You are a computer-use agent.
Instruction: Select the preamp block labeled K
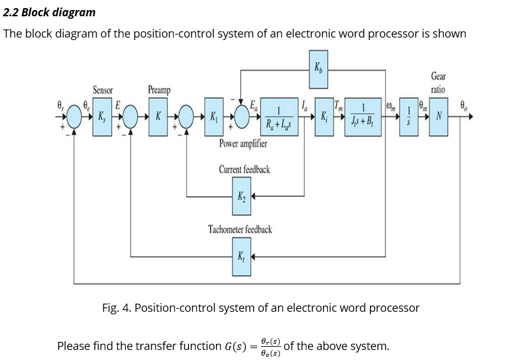pyautogui.click(x=158, y=117)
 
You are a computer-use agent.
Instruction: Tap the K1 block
pyautogui.click(x=214, y=117)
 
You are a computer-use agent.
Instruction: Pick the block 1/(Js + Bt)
pyautogui.click(x=362, y=117)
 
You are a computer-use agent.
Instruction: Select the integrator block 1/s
pyautogui.click(x=409, y=117)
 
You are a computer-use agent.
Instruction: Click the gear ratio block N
pyautogui.click(x=439, y=117)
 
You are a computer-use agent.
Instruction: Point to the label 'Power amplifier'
pyautogui.click(x=243, y=144)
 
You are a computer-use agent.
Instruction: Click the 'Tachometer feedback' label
pyautogui.click(x=240, y=230)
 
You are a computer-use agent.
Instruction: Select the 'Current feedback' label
pyautogui.click(x=244, y=170)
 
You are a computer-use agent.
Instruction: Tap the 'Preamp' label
pyautogui.click(x=158, y=90)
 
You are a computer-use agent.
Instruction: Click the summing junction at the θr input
pyautogui.click(x=74, y=117)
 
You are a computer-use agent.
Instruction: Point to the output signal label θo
pyautogui.click(x=464, y=106)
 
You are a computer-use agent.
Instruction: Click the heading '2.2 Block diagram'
pyautogui.click(x=49, y=13)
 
